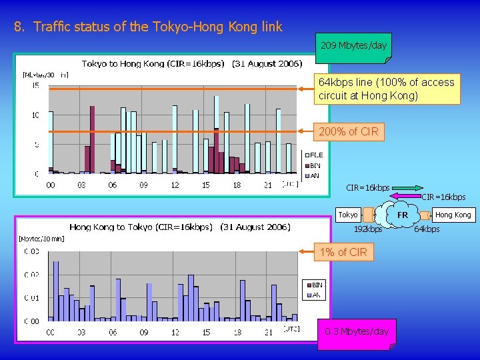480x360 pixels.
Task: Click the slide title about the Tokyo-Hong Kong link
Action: [x=148, y=27]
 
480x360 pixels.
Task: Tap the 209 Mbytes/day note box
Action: [x=353, y=47]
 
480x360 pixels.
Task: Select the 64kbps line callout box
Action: [x=387, y=89]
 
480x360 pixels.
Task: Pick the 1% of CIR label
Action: [x=343, y=252]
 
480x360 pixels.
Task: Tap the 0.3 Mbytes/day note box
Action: [x=356, y=331]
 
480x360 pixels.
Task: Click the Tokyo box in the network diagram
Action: [x=348, y=215]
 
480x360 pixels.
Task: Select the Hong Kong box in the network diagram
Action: [x=453, y=215]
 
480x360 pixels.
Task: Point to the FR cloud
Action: [x=403, y=215]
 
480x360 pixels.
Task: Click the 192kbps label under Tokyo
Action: [x=368, y=229]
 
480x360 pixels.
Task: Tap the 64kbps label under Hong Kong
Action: [x=427, y=229]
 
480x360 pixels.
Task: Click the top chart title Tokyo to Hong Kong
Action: [x=192, y=64]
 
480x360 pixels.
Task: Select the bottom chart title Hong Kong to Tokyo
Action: [x=180, y=227]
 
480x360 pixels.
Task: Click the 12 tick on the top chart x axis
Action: [x=175, y=185]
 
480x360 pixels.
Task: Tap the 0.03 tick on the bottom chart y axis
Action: [x=31, y=251]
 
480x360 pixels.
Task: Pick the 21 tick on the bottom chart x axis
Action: [x=267, y=331]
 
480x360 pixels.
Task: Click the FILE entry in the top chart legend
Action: [x=315, y=155]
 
